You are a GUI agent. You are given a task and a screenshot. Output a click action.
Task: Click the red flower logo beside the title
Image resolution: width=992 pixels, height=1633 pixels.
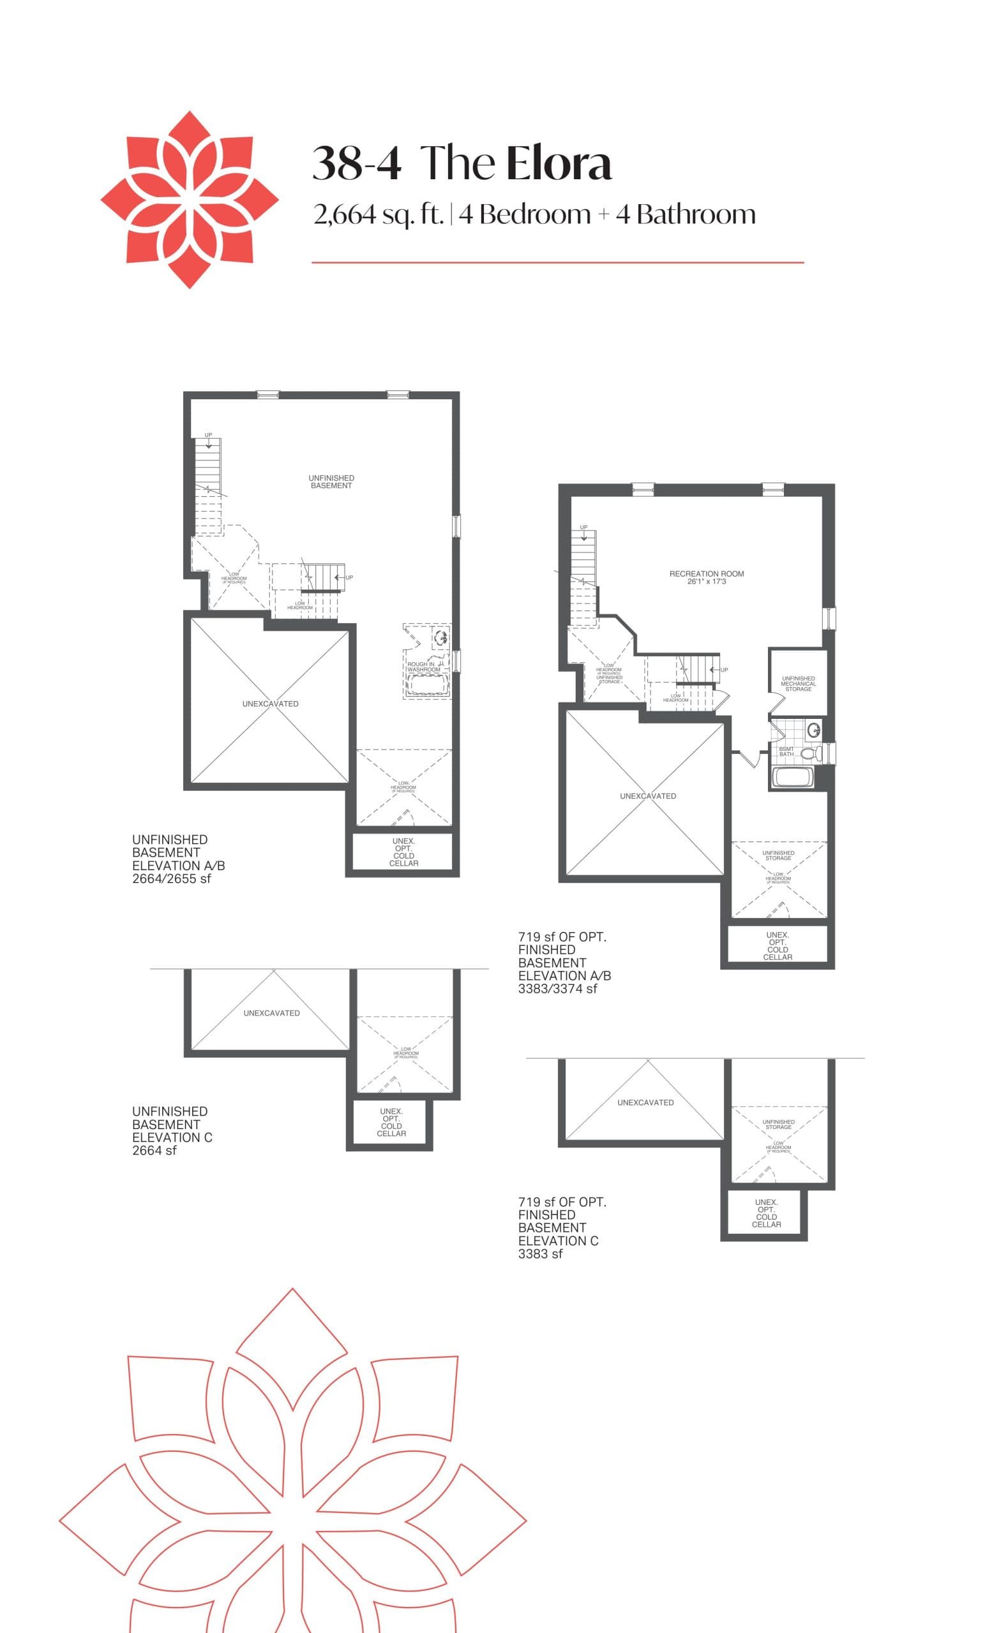click(x=189, y=199)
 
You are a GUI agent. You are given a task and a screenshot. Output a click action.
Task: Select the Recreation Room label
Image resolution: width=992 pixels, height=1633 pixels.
click(x=706, y=573)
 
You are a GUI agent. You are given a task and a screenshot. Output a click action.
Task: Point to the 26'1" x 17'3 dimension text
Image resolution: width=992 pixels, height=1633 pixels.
click(x=706, y=581)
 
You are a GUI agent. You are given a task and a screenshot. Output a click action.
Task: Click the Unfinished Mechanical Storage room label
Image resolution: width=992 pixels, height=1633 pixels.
click(x=798, y=683)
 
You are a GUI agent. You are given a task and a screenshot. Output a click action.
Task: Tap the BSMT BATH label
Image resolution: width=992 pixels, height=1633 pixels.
click(x=786, y=751)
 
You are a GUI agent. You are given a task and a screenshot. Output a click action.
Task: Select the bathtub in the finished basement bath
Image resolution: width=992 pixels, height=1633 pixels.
click(x=793, y=778)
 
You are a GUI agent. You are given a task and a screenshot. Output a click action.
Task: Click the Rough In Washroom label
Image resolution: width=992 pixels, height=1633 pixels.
click(x=423, y=667)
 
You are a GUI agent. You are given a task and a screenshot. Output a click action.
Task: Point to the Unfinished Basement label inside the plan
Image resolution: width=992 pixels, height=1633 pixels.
click(x=331, y=482)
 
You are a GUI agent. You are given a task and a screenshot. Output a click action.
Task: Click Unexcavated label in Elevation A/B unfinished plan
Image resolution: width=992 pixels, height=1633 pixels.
click(x=270, y=704)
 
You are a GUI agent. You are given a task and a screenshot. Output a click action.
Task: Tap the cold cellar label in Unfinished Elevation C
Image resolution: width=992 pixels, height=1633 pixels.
click(x=391, y=1122)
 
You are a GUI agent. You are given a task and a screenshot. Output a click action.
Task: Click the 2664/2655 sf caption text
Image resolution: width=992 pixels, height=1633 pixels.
click(x=171, y=879)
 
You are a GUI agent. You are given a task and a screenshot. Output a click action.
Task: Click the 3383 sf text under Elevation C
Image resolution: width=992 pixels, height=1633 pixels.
click(x=541, y=1254)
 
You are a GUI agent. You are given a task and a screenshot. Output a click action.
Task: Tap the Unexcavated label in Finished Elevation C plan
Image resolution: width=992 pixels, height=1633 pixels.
click(x=645, y=1102)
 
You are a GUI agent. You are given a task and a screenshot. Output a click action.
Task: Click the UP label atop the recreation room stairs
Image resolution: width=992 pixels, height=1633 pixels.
click(x=583, y=528)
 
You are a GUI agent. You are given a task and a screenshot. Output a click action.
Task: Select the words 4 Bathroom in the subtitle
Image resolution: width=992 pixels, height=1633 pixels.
click(x=686, y=215)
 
